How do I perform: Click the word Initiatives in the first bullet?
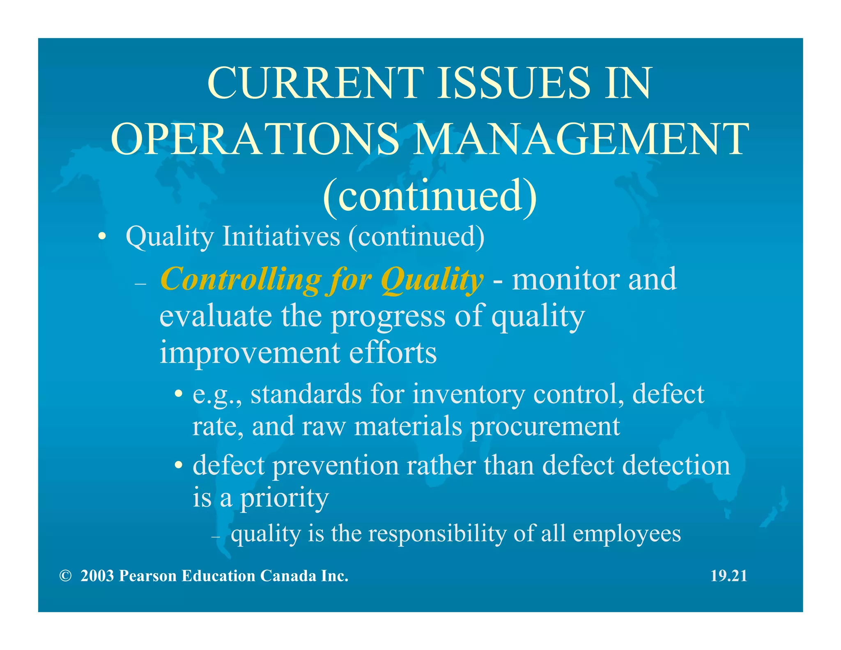(x=281, y=237)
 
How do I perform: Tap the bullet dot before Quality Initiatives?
(x=102, y=237)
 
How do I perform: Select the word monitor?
(x=566, y=279)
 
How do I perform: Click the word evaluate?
(x=216, y=316)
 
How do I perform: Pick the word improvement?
(x=250, y=353)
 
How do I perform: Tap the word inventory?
(x=469, y=394)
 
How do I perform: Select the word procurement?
(x=545, y=426)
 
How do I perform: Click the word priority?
(x=284, y=498)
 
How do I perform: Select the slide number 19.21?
(x=729, y=576)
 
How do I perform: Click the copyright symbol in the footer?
(x=65, y=576)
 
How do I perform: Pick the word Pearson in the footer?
(x=148, y=576)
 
